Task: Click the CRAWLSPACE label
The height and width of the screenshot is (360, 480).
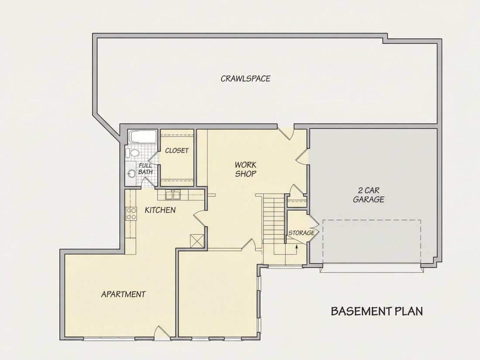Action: point(246,79)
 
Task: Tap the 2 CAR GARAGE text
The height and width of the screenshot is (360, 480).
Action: point(369,195)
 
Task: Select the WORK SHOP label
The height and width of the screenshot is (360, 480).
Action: point(246,169)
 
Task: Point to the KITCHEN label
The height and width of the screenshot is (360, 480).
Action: point(160,210)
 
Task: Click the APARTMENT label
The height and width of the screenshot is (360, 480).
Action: point(123,294)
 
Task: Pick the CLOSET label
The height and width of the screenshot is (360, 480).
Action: point(177,151)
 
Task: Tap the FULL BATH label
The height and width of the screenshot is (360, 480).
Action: point(145,169)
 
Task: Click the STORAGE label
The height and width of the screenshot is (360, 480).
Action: point(302,233)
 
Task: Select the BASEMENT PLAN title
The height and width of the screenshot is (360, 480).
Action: point(377,311)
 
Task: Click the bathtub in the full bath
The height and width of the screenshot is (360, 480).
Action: point(143,137)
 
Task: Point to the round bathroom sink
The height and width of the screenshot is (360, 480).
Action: point(131,174)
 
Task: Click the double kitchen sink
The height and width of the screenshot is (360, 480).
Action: point(173,195)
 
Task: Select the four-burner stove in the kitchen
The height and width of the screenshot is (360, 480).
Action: point(131,213)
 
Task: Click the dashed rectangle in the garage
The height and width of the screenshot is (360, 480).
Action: point(372,242)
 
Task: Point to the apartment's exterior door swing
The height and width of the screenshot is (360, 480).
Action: point(161,332)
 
